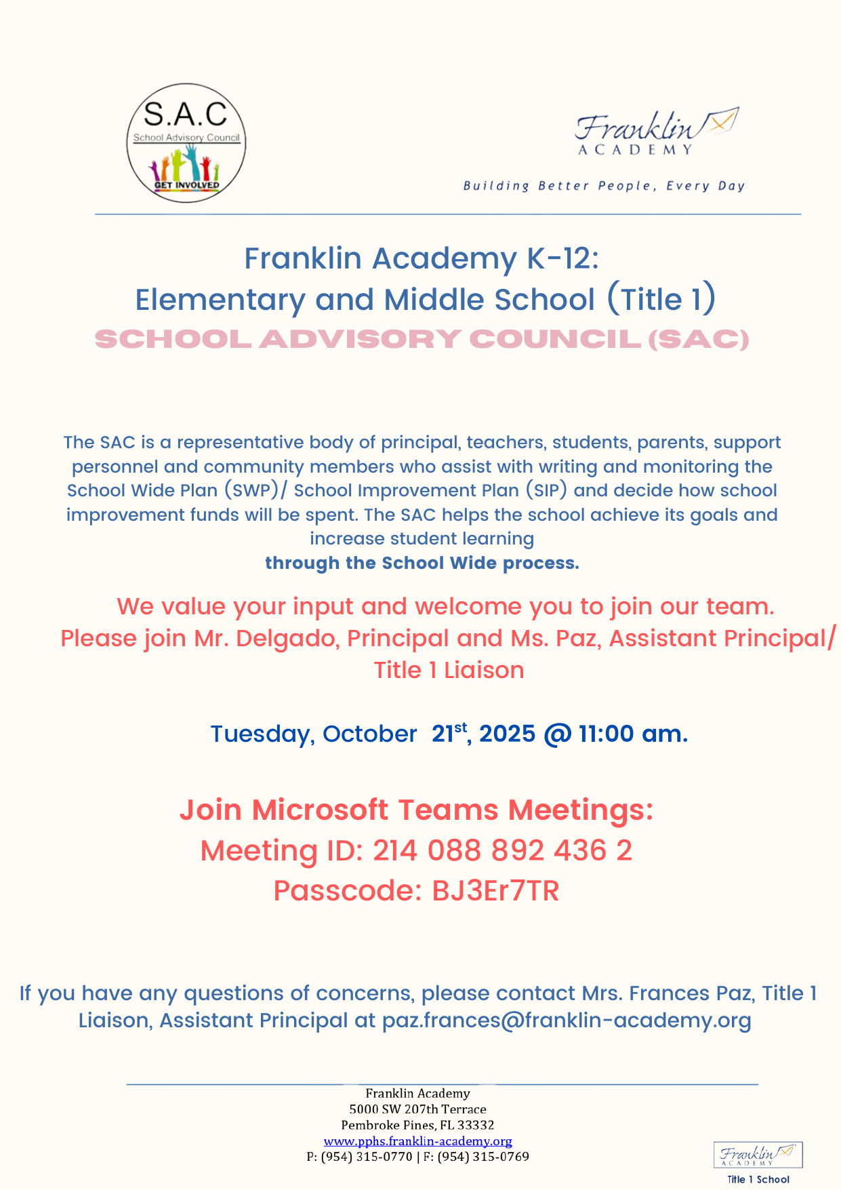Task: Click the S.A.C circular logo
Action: coord(186,142)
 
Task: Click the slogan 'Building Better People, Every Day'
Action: coord(604,186)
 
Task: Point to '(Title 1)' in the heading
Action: coord(661,300)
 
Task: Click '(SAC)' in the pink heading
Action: coord(698,339)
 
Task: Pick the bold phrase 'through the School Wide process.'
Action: coord(422,563)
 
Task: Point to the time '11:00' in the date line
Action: coord(607,734)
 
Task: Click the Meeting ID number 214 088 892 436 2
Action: coord(502,850)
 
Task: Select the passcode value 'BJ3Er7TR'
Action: coord(495,891)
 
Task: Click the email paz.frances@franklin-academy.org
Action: coord(567,1020)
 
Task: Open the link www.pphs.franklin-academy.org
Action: coord(417,1141)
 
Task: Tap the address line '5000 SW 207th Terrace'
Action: coord(417,1109)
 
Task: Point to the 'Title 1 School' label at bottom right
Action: coord(758,1179)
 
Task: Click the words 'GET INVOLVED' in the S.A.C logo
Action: coord(186,185)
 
